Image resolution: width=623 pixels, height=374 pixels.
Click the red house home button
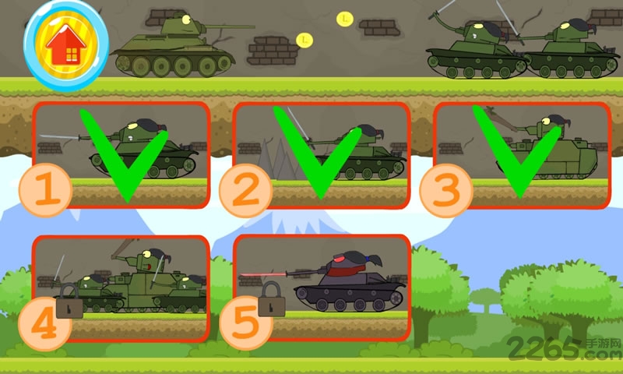click(66, 47)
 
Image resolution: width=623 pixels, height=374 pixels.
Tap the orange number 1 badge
click(45, 189)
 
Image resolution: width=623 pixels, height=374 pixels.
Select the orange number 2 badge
click(245, 190)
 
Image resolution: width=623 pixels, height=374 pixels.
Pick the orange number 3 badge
click(445, 190)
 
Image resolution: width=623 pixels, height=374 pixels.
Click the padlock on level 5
click(272, 299)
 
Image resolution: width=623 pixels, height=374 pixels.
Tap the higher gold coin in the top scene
click(345, 19)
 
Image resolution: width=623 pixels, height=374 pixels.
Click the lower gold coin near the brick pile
click(304, 41)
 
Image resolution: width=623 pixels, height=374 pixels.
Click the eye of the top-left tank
click(185, 18)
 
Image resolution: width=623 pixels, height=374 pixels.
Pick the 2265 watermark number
click(545, 349)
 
